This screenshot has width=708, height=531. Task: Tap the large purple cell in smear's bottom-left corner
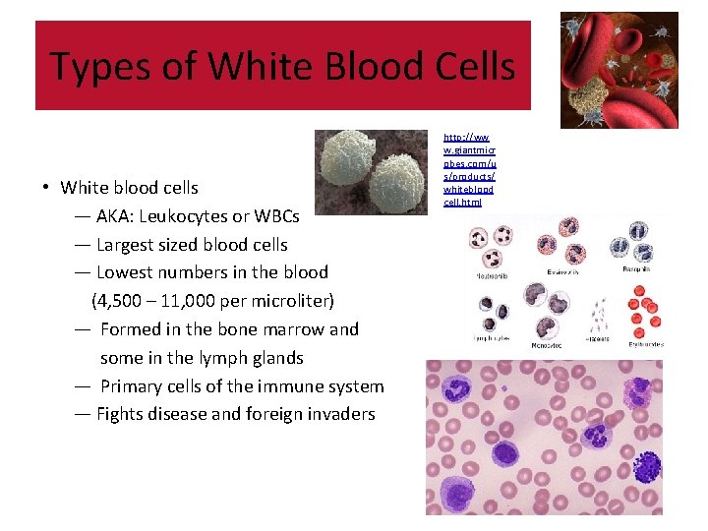[456, 488]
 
